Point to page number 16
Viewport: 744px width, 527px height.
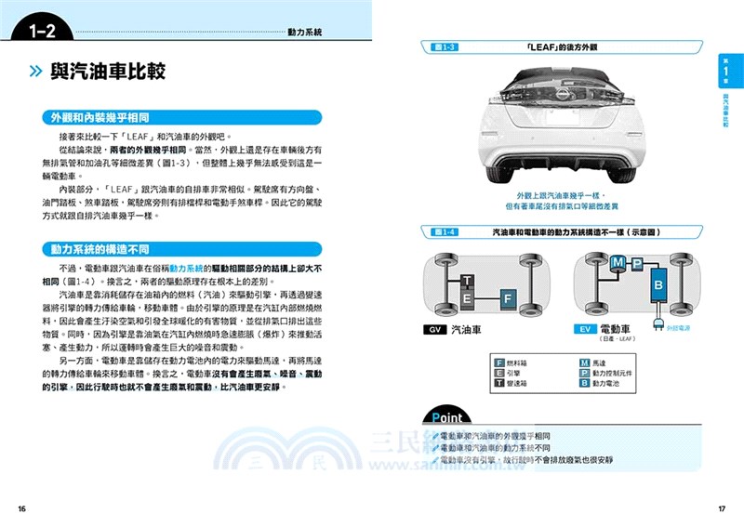21,507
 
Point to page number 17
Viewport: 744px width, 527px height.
722,507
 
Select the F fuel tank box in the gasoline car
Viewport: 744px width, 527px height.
508,298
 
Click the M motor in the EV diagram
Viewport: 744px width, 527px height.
616,264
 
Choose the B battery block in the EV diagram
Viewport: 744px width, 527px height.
658,284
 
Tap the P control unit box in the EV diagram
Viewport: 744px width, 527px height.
636,267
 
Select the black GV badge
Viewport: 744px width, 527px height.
433,330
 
